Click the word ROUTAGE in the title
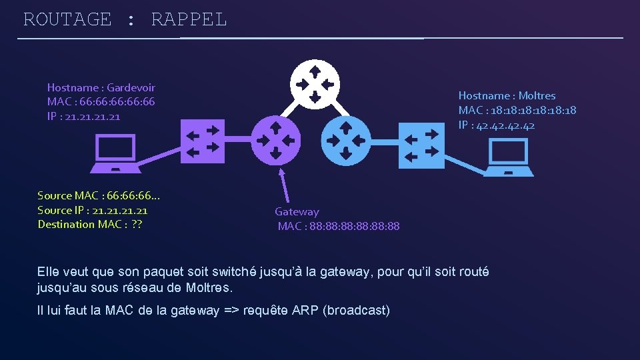click(67, 19)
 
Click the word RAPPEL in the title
click(189, 19)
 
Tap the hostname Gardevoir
click(131, 87)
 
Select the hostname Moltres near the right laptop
click(537, 95)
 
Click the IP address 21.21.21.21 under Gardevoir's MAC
click(93, 117)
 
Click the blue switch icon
click(421, 145)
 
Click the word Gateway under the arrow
click(297, 211)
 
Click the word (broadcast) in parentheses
click(356, 310)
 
